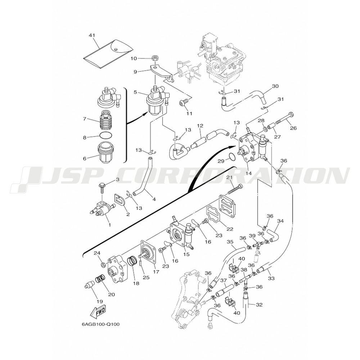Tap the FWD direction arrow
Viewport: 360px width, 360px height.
coord(98,312)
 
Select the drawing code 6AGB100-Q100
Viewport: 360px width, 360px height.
coord(100,324)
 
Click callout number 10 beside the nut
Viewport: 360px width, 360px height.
coord(133,58)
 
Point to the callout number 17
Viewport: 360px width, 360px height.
coord(156,272)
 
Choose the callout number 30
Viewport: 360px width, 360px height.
coord(275,86)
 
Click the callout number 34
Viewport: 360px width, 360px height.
coord(280,221)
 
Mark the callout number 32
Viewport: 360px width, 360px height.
coord(259,305)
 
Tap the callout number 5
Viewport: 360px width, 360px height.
coord(135,92)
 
